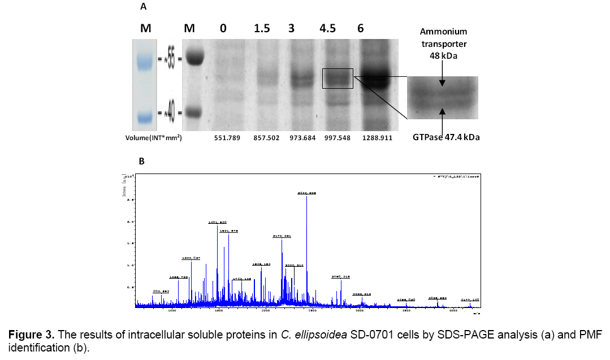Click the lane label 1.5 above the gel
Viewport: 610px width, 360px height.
(x=262, y=29)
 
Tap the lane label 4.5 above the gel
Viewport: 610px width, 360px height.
(x=327, y=29)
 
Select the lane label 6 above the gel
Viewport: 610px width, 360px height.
(x=360, y=29)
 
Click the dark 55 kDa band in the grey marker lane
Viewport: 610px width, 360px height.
(x=194, y=57)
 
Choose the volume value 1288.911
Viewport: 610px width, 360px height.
(x=375, y=137)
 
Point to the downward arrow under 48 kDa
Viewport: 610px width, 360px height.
(x=443, y=80)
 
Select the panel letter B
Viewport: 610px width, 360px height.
(x=142, y=162)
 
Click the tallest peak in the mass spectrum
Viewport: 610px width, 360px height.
(x=306, y=237)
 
